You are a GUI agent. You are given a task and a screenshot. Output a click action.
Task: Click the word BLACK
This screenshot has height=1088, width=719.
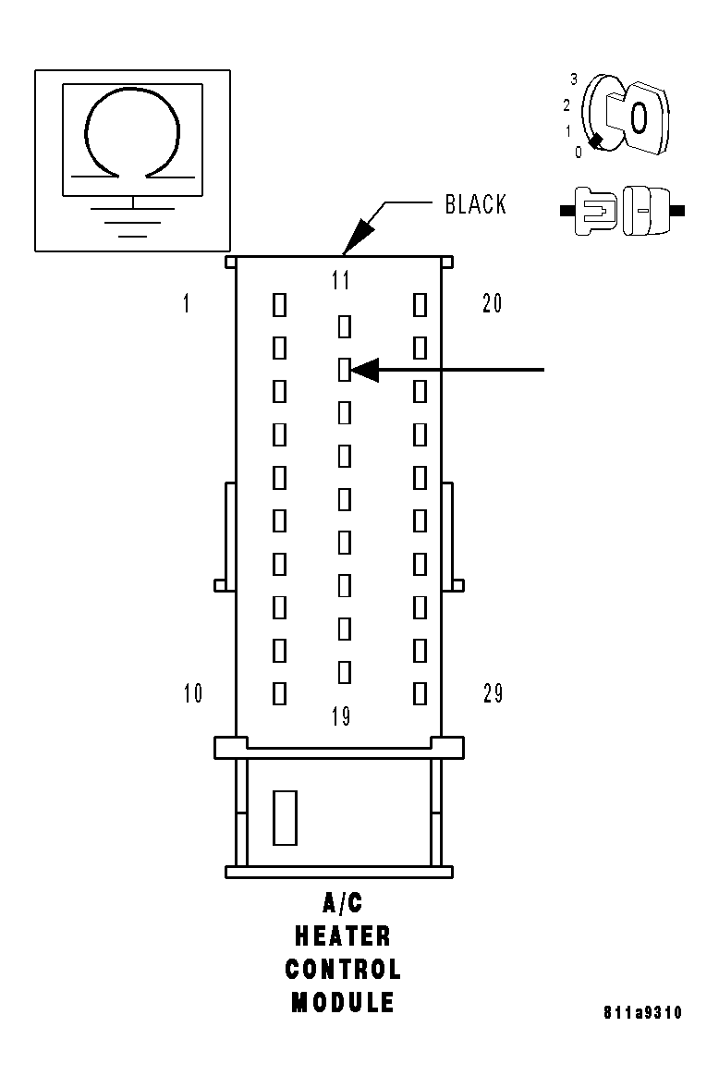tap(475, 204)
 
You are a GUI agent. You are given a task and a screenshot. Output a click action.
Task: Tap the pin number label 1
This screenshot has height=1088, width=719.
tap(187, 303)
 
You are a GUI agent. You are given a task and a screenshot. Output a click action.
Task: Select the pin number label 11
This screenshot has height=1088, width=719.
tap(341, 280)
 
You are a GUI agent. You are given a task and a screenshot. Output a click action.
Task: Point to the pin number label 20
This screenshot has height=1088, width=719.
tap(493, 302)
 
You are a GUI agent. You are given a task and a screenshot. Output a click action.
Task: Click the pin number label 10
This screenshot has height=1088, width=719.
tap(193, 693)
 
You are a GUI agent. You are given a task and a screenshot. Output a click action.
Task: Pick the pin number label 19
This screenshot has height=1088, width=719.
tap(341, 716)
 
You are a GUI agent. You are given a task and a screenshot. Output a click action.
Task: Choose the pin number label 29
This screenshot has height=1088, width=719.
tap(494, 693)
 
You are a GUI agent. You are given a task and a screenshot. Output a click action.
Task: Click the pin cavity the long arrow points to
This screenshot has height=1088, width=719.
tap(344, 371)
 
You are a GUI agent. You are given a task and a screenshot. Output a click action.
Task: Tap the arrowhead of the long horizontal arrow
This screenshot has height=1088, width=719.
tap(365, 371)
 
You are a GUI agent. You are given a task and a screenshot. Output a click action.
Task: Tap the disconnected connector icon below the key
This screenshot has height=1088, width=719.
tap(622, 211)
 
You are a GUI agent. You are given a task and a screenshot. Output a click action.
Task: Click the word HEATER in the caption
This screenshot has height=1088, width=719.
tap(343, 936)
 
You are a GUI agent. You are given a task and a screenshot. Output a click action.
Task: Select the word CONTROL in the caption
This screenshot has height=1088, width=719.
tap(343, 970)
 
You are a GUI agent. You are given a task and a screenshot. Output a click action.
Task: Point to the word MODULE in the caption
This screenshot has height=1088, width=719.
tap(343, 1003)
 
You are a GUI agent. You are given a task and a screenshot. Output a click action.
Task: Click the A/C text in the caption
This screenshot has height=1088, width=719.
tap(343, 904)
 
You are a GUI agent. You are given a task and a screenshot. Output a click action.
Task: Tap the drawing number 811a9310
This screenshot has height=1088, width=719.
tap(642, 1013)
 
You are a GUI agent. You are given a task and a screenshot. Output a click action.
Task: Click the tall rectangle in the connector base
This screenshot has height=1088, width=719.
tap(285, 817)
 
